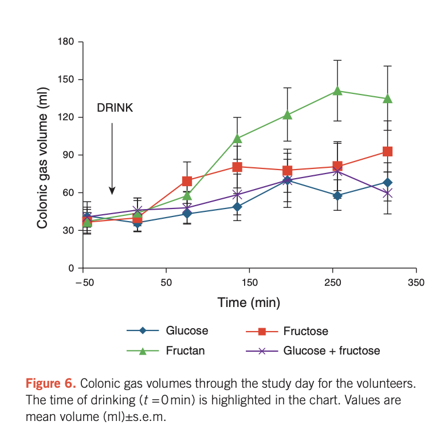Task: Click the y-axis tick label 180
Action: point(66,42)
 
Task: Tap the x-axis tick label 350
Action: point(416,282)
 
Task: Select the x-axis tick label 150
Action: point(249,282)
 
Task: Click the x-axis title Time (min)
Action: point(249,302)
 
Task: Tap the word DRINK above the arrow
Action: point(115,108)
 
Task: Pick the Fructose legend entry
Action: point(305,331)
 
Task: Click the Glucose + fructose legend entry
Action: point(331,351)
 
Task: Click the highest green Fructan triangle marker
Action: point(337,90)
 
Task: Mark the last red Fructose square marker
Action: point(387,152)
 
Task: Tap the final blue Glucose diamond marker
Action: point(387,183)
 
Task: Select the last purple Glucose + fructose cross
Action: point(387,194)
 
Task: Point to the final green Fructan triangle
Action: point(387,99)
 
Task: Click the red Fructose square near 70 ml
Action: point(187,182)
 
